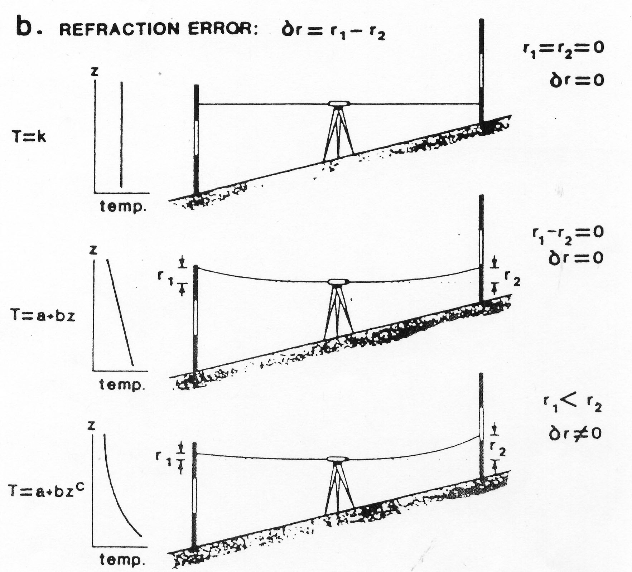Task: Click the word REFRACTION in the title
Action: [119, 29]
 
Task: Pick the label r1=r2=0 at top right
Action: [563, 49]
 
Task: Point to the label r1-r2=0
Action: [568, 234]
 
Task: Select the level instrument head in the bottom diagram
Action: [338, 459]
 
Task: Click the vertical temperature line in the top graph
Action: [122, 134]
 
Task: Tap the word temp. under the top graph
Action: [123, 207]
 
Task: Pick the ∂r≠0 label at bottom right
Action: [575, 433]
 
